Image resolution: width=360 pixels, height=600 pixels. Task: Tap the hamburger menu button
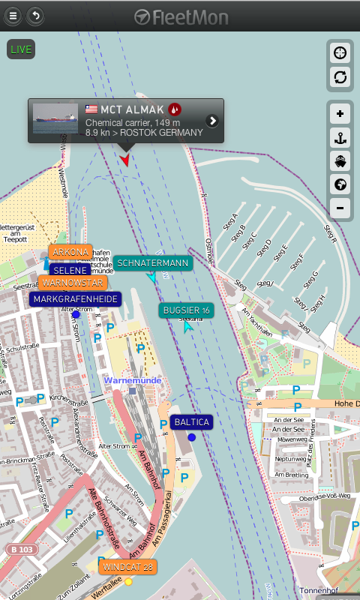click(13, 16)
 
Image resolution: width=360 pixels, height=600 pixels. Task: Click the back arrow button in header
click(34, 16)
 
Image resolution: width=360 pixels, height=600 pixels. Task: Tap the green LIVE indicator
click(21, 49)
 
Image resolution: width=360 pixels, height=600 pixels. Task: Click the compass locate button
click(340, 52)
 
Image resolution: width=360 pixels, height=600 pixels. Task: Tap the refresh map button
click(340, 76)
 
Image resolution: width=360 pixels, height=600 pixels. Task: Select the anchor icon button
click(340, 137)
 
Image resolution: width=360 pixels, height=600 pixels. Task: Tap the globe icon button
click(340, 184)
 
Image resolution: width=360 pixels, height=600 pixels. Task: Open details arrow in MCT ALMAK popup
click(212, 121)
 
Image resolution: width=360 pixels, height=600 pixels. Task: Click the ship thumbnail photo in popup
click(55, 118)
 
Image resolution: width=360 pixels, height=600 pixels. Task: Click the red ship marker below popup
click(124, 159)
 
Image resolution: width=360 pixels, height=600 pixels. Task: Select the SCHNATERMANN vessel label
click(153, 263)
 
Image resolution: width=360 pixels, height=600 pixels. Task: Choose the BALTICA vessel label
click(191, 422)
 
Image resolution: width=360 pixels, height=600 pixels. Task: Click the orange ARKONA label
click(70, 252)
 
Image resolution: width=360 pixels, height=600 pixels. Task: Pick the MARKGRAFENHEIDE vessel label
click(75, 298)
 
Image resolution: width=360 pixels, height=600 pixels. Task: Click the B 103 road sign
click(22, 550)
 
